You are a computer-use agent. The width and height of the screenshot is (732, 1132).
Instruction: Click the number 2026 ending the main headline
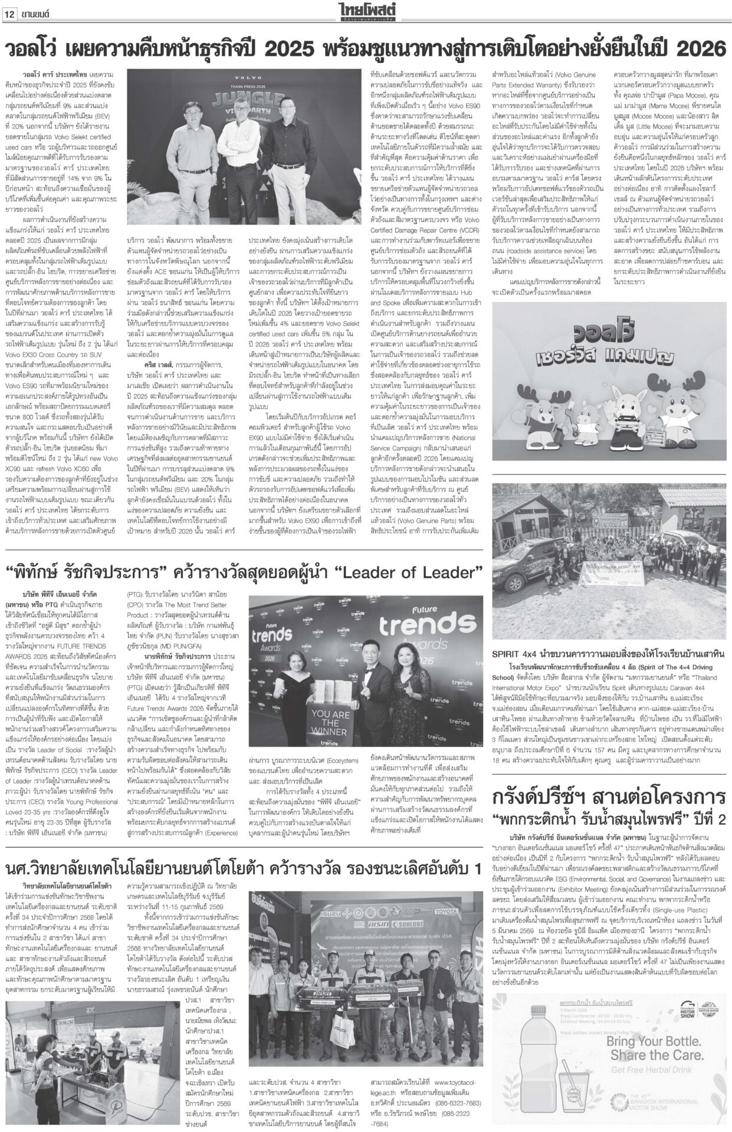(698, 47)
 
